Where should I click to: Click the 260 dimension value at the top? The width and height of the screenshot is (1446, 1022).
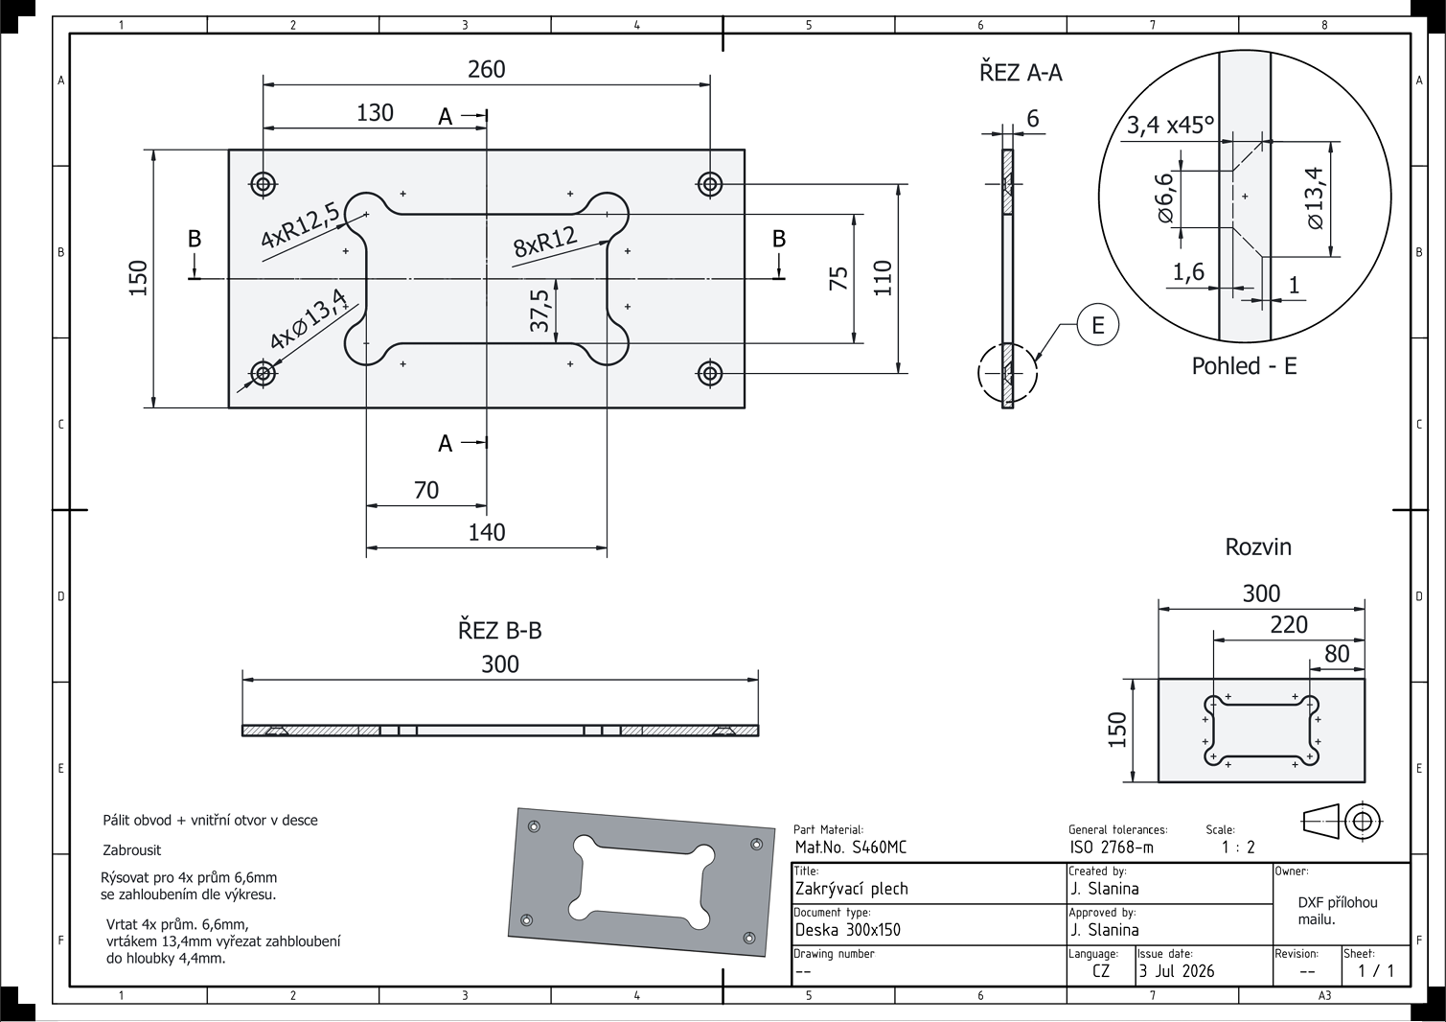[486, 69]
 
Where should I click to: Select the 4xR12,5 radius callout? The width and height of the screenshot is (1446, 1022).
[300, 224]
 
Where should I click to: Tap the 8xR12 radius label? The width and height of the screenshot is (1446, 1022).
[545, 242]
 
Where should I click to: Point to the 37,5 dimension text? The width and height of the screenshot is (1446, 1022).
[539, 311]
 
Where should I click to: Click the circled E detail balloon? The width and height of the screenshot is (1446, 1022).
[1097, 324]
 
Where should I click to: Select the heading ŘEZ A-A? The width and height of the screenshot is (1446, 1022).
[1021, 72]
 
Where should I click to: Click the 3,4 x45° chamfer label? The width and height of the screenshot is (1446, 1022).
[1170, 124]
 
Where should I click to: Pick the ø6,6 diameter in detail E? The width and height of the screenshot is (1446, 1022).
[1165, 198]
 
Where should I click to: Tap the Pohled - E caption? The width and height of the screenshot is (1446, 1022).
[1244, 366]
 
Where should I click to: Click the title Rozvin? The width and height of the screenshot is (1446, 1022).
[1258, 547]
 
